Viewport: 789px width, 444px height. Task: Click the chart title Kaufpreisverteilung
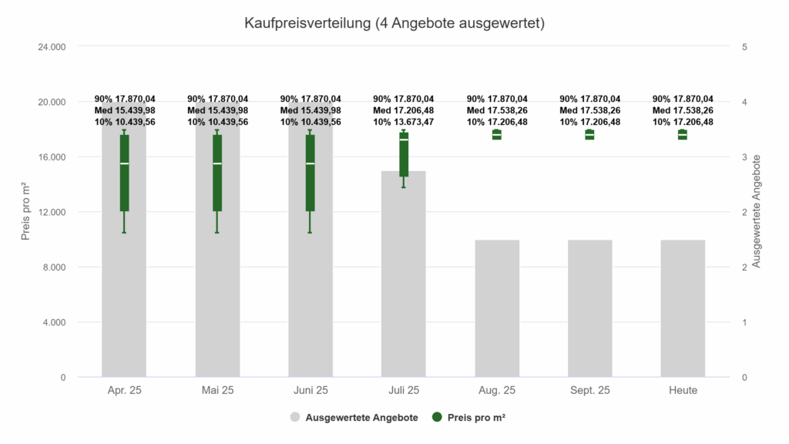click(394, 24)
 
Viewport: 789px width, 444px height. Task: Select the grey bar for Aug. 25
click(497, 308)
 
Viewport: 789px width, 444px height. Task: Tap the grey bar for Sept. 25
click(589, 308)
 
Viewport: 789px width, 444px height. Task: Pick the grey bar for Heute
click(683, 308)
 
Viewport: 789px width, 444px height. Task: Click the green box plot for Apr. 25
click(124, 173)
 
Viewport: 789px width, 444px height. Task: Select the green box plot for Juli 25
click(404, 154)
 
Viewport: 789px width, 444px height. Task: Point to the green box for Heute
click(683, 135)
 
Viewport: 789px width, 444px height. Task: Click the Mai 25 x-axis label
click(217, 390)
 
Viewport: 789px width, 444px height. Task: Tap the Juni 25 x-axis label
click(310, 390)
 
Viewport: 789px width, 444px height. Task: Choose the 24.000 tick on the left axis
click(52, 47)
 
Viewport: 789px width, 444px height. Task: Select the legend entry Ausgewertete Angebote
click(354, 418)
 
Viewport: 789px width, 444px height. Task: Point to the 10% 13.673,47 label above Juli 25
click(404, 122)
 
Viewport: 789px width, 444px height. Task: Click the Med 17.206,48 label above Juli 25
click(404, 110)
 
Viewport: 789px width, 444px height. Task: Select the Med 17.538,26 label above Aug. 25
click(497, 110)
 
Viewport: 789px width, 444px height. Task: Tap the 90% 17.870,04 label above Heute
click(683, 99)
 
